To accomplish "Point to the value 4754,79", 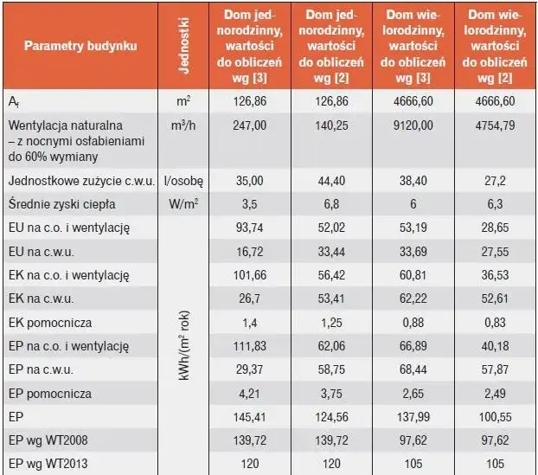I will point(496,125).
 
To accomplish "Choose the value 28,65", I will point(496,228).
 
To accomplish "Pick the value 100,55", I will point(496,417).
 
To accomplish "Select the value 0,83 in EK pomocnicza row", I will point(496,323).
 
